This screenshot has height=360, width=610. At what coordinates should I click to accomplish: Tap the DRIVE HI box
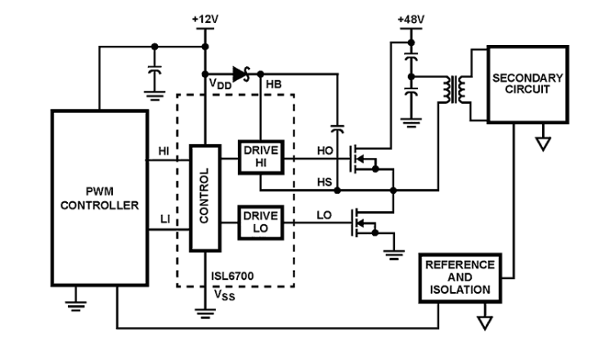click(260, 156)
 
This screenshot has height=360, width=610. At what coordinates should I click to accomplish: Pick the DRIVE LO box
click(260, 221)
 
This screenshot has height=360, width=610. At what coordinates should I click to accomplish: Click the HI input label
click(164, 151)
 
